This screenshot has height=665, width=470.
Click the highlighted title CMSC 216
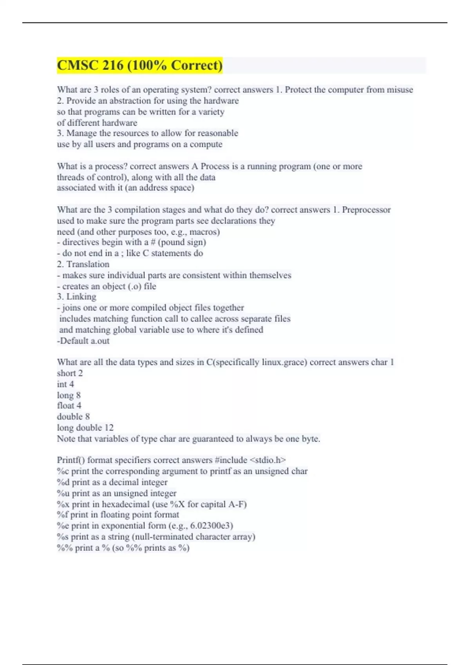click(x=139, y=65)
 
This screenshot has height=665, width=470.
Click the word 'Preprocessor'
click(x=366, y=210)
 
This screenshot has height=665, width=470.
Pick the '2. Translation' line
click(x=83, y=264)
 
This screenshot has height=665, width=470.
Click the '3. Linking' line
click(x=76, y=297)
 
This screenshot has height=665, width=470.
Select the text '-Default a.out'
click(x=83, y=341)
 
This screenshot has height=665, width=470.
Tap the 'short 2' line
click(x=70, y=374)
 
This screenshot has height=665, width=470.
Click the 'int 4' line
click(x=65, y=385)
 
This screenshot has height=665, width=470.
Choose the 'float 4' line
click(x=69, y=406)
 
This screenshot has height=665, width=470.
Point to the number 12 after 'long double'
click(x=109, y=428)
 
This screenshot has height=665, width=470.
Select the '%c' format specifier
click(x=62, y=471)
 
